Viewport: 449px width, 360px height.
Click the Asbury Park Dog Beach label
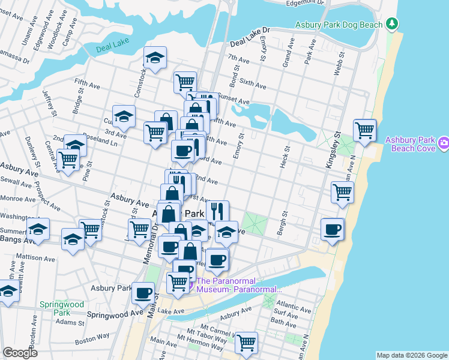tap(339, 25)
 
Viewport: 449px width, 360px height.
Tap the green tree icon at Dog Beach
tap(393, 23)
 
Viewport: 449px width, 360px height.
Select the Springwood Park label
tap(62, 308)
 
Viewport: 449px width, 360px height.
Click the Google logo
tap(20, 352)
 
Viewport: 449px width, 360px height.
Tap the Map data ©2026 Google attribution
tap(411, 355)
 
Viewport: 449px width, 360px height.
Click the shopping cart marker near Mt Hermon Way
tap(246, 343)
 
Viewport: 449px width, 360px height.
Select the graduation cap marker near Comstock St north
tap(155, 58)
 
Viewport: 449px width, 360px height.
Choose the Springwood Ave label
tap(115, 314)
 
